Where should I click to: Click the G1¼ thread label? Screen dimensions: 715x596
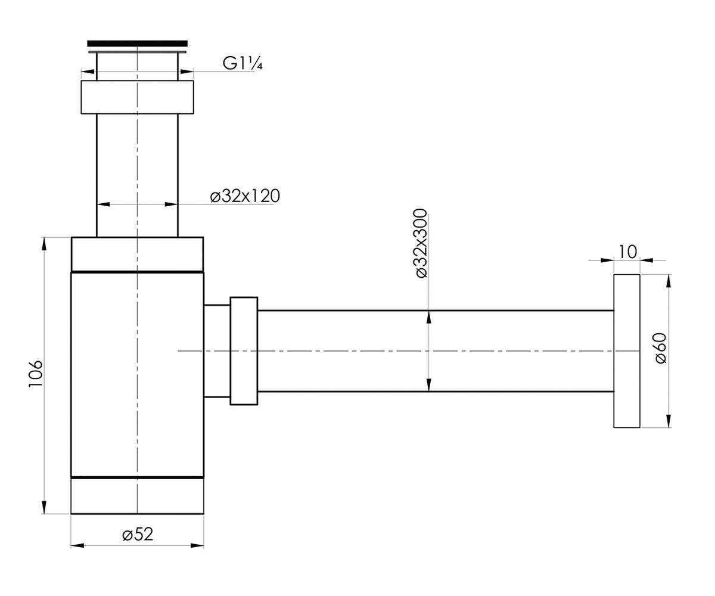[x=243, y=63]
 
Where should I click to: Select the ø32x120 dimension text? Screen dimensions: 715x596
[x=245, y=196]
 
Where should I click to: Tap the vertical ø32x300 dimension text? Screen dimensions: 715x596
[x=421, y=244]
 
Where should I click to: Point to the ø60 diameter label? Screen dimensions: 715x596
[x=661, y=348]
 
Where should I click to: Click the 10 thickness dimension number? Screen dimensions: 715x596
[x=627, y=252]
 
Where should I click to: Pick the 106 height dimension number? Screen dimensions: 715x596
[x=36, y=374]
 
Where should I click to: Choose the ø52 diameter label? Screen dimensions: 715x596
[x=138, y=534]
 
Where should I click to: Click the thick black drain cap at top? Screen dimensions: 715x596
[x=137, y=44]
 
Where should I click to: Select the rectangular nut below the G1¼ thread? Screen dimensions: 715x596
[x=137, y=97]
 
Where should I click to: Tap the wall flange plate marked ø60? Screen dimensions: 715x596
[x=627, y=351]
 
